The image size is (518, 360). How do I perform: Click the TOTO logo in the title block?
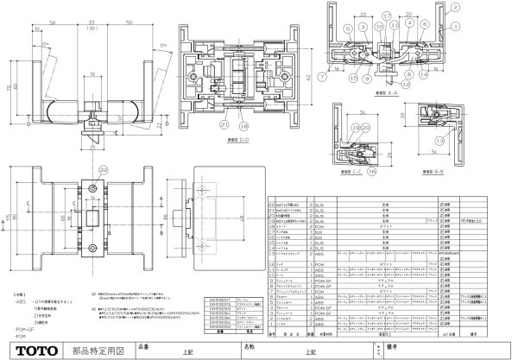click(30, 351)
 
